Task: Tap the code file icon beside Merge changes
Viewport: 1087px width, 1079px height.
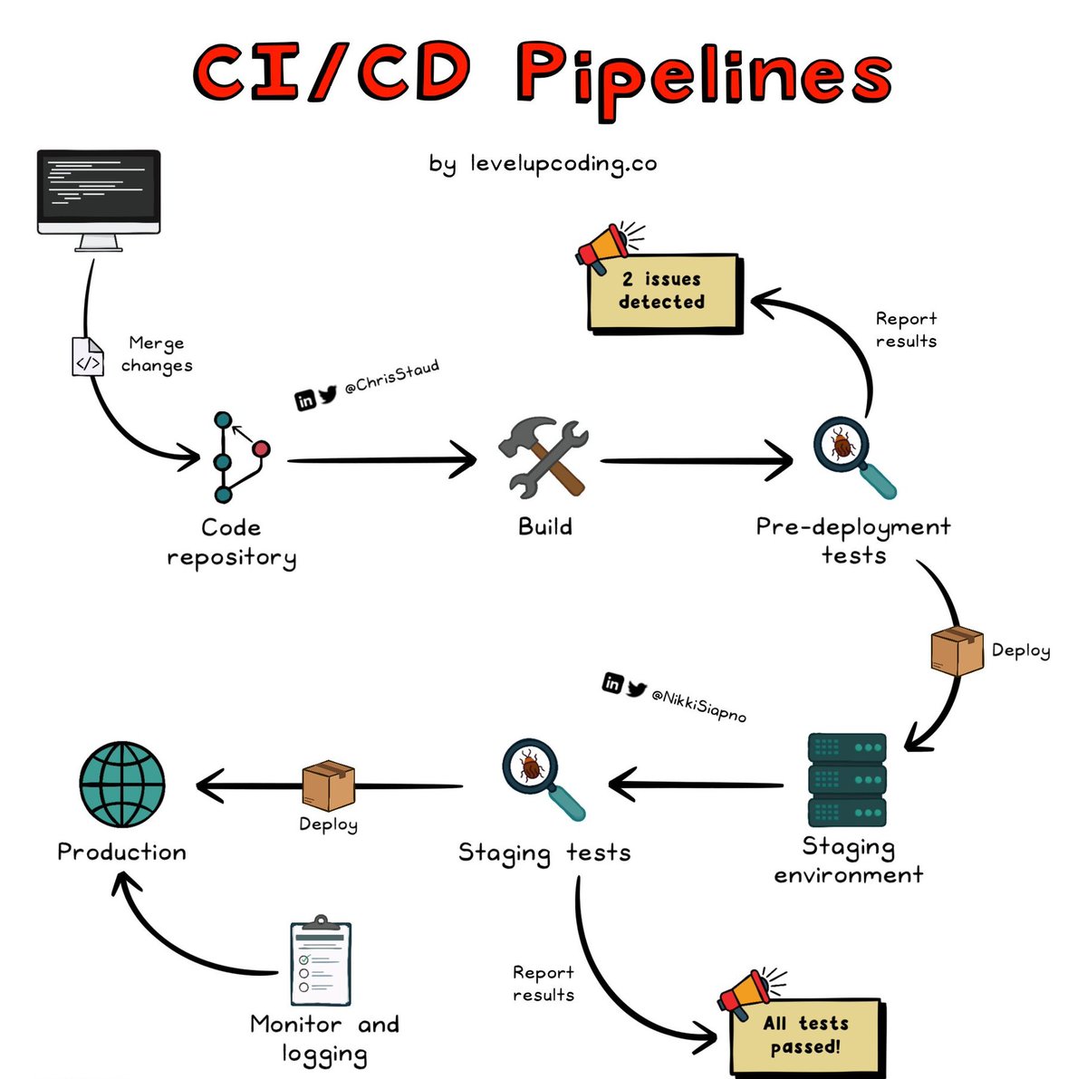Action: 88,357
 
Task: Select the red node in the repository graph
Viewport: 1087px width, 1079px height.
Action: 261,449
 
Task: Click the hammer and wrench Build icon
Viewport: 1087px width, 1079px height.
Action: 543,458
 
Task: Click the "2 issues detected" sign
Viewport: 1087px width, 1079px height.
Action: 665,293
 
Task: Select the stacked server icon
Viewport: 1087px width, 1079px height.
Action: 847,779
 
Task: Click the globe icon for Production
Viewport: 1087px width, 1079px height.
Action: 122,784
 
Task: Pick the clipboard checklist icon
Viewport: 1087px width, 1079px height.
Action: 321,960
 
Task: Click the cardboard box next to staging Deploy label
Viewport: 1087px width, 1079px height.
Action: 957,650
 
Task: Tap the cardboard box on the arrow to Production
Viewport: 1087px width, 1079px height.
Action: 328,785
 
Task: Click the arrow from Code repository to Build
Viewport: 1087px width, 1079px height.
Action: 382,460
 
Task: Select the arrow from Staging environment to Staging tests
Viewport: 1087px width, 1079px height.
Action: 696,785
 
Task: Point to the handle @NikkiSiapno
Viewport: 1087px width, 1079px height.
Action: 699,706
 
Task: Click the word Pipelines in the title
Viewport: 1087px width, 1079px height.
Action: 704,78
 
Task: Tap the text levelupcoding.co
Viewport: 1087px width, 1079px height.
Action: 563,164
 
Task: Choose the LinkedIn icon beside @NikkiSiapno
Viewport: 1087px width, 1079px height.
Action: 612,683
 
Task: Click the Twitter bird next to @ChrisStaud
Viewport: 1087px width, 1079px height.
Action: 328,394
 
